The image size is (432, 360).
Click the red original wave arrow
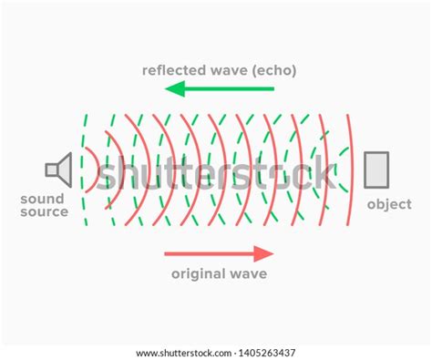tap(219, 253)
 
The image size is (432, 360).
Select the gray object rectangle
tap(375, 170)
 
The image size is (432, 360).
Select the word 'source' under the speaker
tap(44, 212)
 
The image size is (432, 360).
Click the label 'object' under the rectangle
tap(389, 205)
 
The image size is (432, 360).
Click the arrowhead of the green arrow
tap(174, 89)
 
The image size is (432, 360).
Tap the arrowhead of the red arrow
tap(264, 253)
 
